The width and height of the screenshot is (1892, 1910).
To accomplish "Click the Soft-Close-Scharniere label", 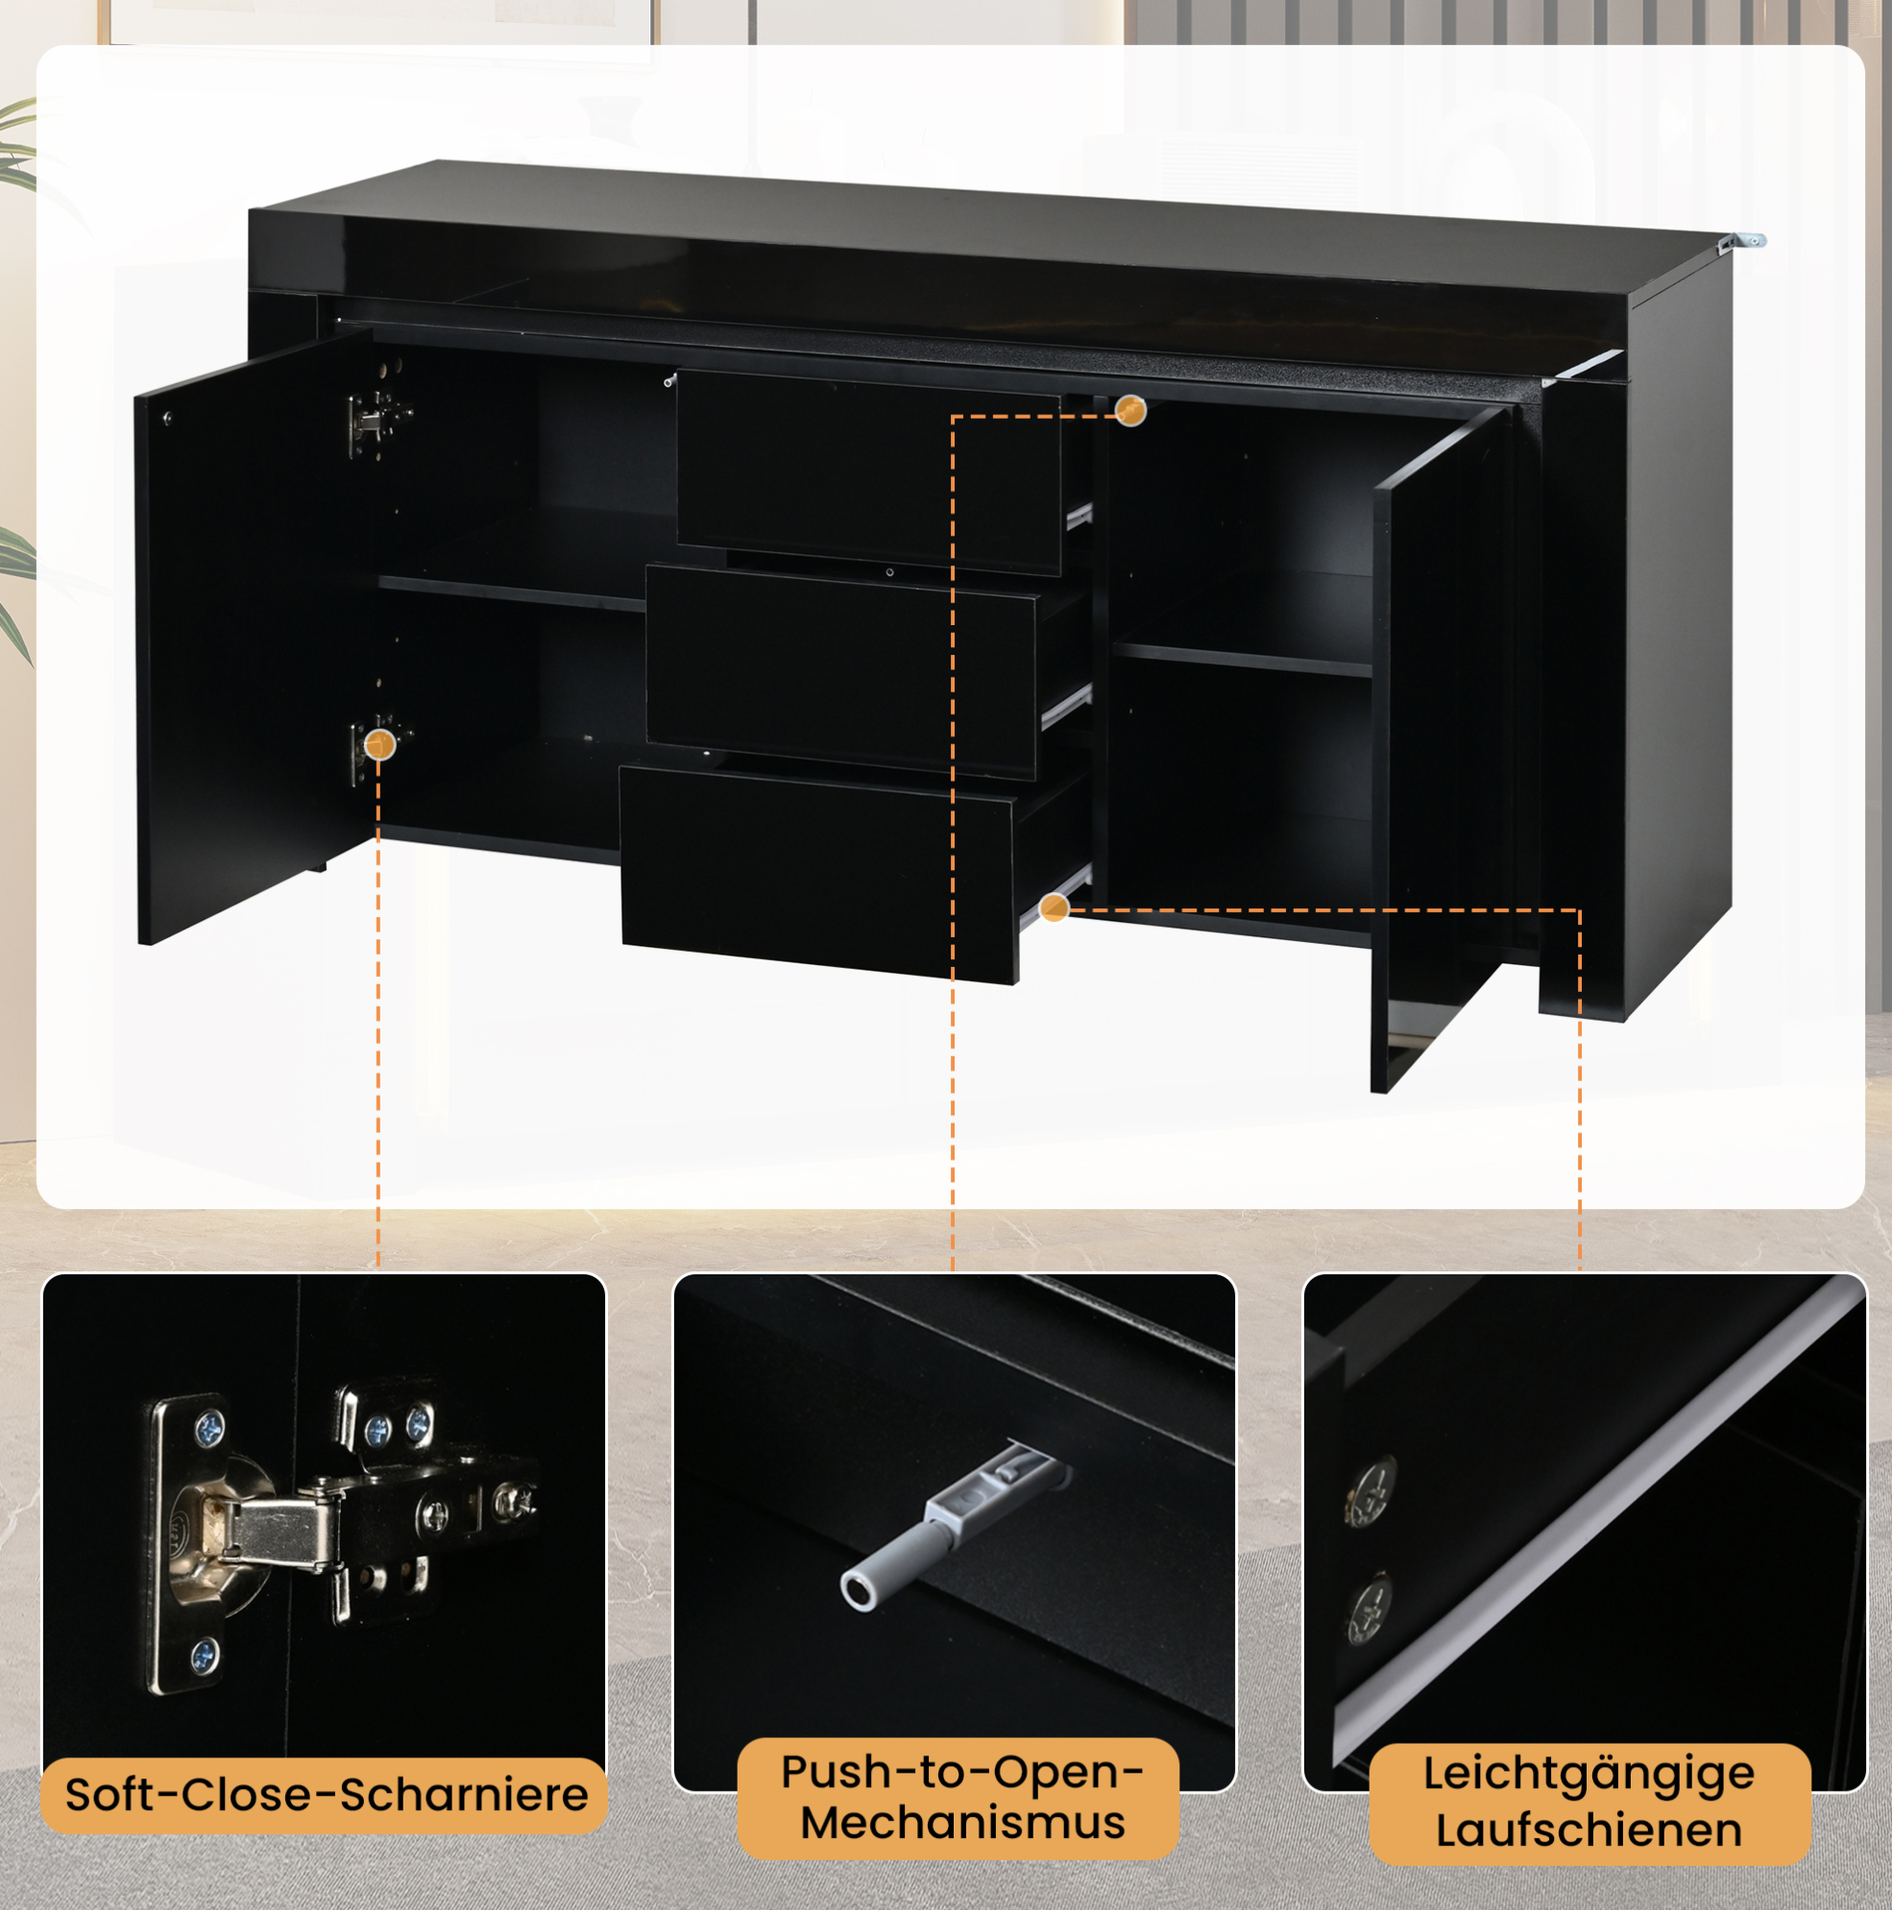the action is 327,1795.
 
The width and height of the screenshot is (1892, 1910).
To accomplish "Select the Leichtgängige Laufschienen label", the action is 1589,1801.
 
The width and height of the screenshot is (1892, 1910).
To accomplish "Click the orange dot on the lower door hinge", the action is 379,743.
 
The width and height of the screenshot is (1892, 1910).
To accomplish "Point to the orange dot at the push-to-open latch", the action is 1130,409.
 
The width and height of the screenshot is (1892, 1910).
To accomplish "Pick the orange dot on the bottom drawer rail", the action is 1055,907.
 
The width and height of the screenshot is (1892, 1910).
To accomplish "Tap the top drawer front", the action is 868,471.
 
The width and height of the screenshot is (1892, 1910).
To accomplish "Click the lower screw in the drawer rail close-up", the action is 1370,1608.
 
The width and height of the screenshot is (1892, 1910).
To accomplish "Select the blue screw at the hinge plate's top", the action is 208,1428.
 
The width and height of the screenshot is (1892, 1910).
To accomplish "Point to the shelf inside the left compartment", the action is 512,593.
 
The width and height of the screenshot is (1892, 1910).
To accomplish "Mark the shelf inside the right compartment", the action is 1243,659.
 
